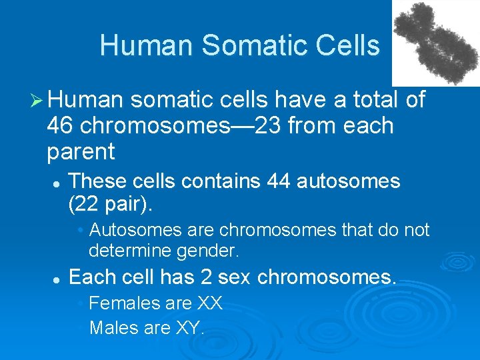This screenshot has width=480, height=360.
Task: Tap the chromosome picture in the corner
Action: click(436, 42)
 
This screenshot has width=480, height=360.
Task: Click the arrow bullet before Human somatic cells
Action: click(37, 100)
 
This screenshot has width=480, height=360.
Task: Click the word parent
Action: click(81, 152)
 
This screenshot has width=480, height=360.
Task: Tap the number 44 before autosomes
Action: click(279, 181)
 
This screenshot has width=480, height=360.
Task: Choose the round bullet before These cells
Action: click(58, 182)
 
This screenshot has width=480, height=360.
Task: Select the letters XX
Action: click(210, 303)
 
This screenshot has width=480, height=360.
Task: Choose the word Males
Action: click(111, 327)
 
